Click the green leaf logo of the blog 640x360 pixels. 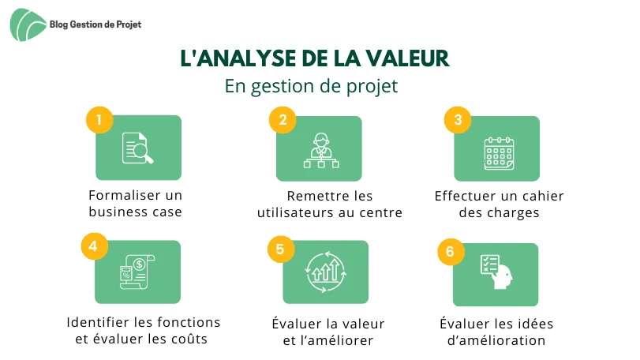tap(28, 25)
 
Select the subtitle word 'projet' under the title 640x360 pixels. tap(372, 87)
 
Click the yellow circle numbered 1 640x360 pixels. tap(99, 120)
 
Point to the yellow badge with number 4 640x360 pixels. tap(94, 246)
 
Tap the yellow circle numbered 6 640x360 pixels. tap(451, 251)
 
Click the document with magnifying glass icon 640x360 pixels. tap(137, 148)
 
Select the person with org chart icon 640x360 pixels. tap(321, 150)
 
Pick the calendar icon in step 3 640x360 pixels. tap(499, 153)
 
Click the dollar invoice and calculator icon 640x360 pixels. tap(137, 272)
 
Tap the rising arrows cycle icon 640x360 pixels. tap(326, 272)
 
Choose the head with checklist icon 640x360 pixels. tap(496, 272)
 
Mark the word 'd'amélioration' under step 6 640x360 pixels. tap(496, 340)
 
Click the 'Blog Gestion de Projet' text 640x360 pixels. tap(95, 24)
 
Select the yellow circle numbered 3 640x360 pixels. tap(458, 120)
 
